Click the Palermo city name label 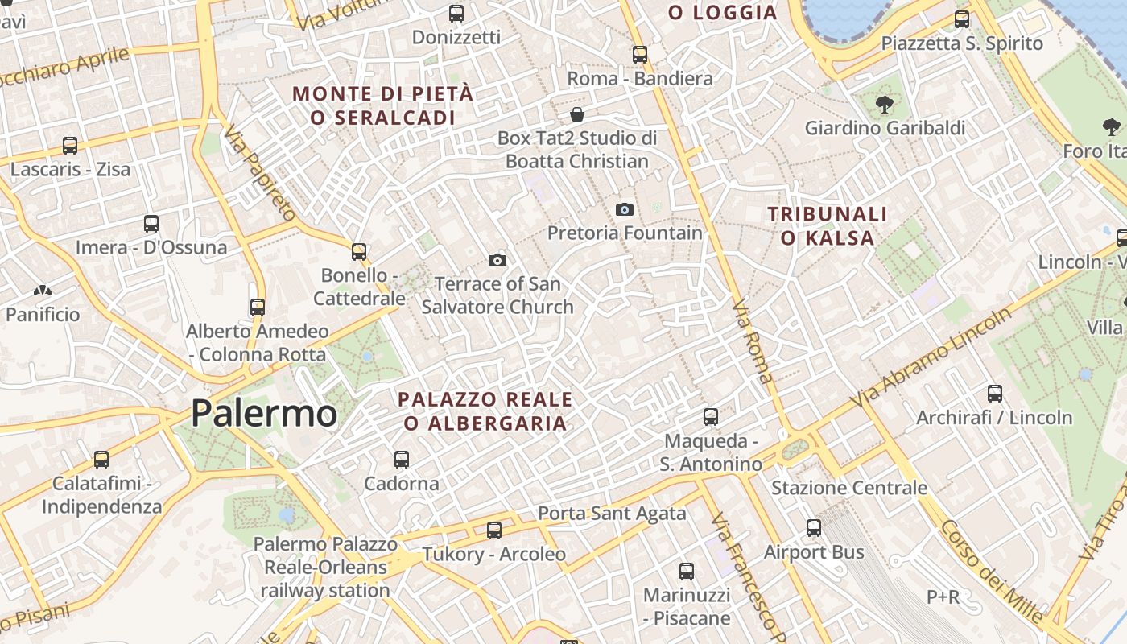pos(263,414)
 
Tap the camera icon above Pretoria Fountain pos(624,210)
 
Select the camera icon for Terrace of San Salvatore pos(497,260)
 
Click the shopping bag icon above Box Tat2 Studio pos(576,114)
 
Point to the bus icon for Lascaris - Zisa pos(70,146)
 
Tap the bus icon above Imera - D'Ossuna pos(151,223)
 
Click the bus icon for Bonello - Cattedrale pos(359,251)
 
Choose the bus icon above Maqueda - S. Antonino pos(710,416)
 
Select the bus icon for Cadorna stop pos(401,460)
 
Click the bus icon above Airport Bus pos(814,528)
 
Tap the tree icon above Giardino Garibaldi pos(884,104)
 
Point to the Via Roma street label pos(753,341)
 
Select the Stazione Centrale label pos(849,488)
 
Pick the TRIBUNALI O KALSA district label pos(828,225)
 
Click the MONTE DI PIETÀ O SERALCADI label pos(382,105)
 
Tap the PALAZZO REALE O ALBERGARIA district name pos(485,411)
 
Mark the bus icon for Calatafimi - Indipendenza pos(101,460)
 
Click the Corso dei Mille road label pos(992,571)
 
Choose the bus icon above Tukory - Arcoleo pos(493,530)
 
